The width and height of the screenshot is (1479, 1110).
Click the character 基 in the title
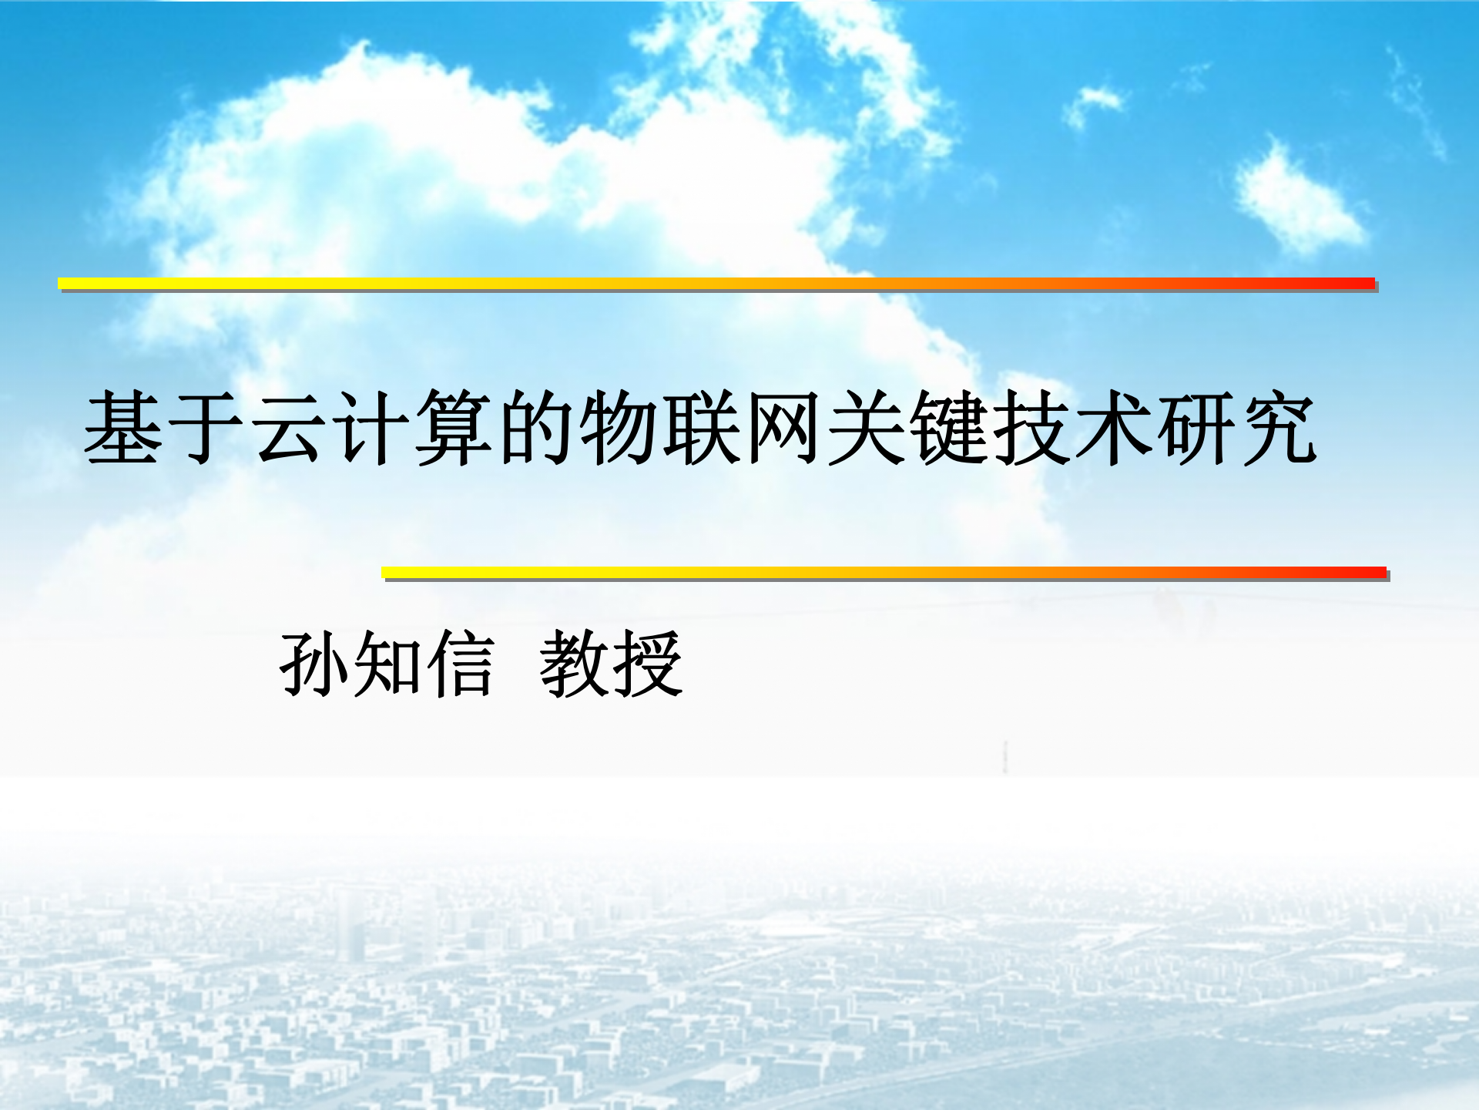(123, 428)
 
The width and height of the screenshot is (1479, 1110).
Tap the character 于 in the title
(206, 428)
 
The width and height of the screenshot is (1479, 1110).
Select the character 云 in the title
(288, 428)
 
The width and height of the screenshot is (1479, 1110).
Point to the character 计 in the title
(371, 428)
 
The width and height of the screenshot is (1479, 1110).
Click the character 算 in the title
(454, 428)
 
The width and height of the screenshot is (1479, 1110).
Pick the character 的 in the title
(536, 428)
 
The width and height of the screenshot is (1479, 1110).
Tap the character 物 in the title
(619, 428)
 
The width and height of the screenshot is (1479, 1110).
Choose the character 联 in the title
(701, 428)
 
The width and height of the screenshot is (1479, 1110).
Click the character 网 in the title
(783, 428)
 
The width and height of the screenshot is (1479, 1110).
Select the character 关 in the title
(866, 428)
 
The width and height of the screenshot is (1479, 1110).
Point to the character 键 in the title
(948, 428)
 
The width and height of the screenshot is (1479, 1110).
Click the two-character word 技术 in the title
(1072, 428)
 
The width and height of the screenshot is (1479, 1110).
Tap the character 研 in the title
(1196, 428)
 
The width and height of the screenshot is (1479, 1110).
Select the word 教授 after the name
(611, 664)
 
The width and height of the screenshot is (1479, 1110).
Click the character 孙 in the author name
(314, 664)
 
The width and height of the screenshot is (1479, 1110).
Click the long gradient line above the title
(716, 284)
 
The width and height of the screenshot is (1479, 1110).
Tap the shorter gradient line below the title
(884, 573)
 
